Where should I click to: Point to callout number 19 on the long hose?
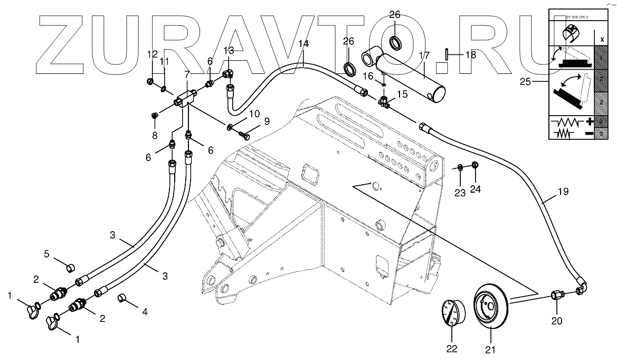pos(563,192)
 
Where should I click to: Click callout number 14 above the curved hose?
pos(303,44)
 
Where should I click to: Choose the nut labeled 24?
pos(474,166)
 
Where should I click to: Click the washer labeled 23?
pos(460,168)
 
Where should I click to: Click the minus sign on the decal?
pos(589,134)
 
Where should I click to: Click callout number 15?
pos(402,94)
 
